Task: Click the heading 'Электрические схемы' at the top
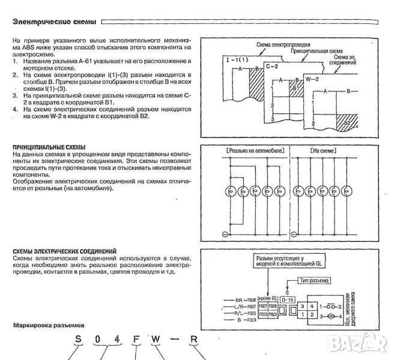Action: click(x=54, y=22)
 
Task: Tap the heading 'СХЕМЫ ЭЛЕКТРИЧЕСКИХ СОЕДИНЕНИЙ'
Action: click(x=65, y=251)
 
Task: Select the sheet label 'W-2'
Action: click(x=312, y=79)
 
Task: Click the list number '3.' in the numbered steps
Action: click(x=15, y=95)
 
